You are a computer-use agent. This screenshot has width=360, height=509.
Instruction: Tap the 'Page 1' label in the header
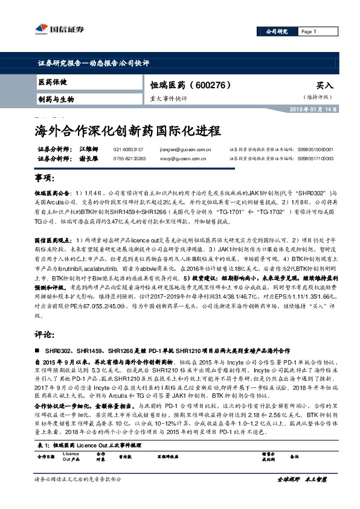click(x=309, y=31)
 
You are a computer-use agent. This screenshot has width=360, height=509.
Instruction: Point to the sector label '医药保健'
click(x=53, y=82)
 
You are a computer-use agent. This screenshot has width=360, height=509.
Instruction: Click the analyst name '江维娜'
click(x=89, y=149)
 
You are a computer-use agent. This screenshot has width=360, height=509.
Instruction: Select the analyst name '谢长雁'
click(x=89, y=158)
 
